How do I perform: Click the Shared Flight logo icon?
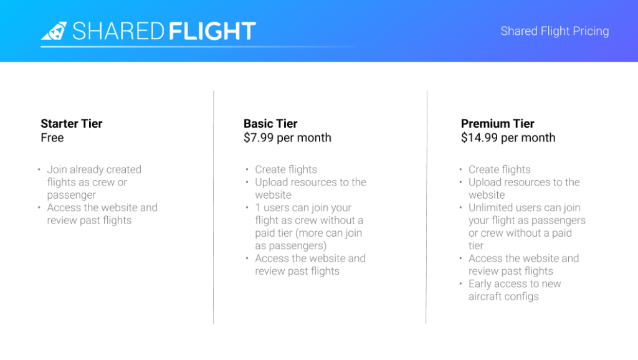click(x=54, y=31)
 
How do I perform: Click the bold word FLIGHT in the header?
click(x=212, y=31)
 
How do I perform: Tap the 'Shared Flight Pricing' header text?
click(x=555, y=31)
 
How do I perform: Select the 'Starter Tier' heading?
click(x=71, y=123)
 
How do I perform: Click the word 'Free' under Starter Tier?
click(x=52, y=138)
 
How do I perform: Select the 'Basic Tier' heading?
click(x=270, y=123)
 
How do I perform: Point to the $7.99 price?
click(x=259, y=138)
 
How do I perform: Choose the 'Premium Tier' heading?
click(x=497, y=123)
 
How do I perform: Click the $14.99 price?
click(x=479, y=138)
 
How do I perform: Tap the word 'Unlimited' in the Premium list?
click(x=490, y=207)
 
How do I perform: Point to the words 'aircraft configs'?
click(x=503, y=296)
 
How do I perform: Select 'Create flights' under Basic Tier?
click(x=285, y=169)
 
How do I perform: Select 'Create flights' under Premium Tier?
click(x=499, y=169)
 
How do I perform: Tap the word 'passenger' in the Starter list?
click(x=71, y=195)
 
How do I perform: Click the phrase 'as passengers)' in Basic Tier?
click(x=290, y=245)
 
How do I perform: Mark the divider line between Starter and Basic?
click(x=213, y=207)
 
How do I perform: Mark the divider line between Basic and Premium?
click(x=426, y=207)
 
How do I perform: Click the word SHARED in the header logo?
click(x=118, y=31)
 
